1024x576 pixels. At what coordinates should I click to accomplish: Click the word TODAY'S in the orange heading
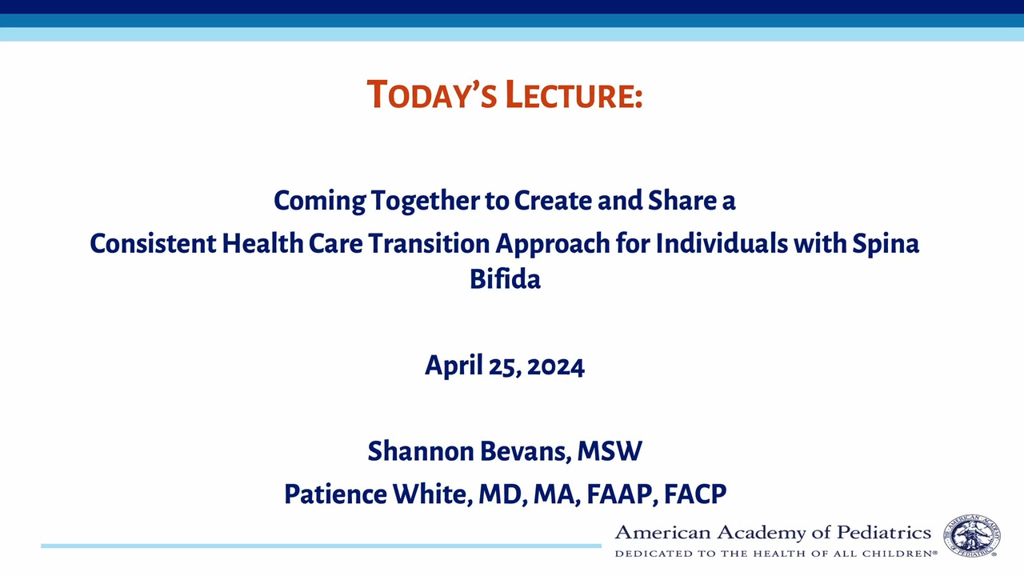[431, 94]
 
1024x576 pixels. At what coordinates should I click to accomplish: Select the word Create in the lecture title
[553, 200]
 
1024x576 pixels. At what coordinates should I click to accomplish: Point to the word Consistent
[153, 243]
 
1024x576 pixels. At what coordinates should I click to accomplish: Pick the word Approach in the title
[553, 245]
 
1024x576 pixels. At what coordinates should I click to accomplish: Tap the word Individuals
[722, 243]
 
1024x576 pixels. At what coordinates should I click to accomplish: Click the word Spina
[886, 245]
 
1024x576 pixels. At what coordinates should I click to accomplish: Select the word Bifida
[505, 278]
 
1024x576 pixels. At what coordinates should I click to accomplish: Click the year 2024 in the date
[555, 366]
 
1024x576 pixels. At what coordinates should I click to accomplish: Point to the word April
[454, 366]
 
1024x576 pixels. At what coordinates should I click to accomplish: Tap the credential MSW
[610, 451]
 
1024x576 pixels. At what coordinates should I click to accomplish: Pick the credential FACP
[695, 494]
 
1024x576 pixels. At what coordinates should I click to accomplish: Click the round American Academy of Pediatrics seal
[971, 535]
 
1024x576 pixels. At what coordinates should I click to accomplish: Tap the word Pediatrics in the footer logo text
[884, 533]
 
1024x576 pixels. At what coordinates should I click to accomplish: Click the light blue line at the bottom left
[321, 546]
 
